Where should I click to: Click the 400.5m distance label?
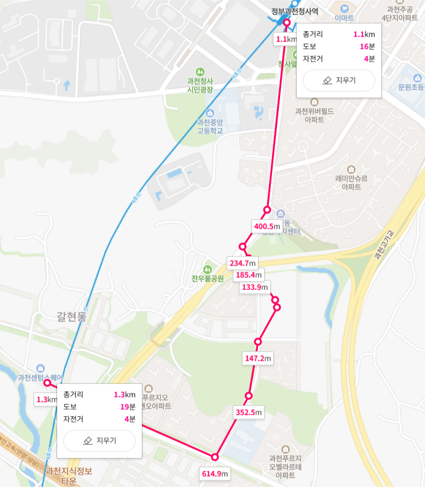(x=268, y=227)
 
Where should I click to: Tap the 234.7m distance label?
(x=242, y=263)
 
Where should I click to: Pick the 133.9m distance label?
(x=255, y=287)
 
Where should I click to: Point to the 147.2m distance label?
(x=258, y=358)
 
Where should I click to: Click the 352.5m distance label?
(x=249, y=412)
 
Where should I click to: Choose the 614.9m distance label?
(x=215, y=473)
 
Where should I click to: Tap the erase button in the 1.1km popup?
(x=338, y=80)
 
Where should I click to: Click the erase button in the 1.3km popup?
(x=99, y=441)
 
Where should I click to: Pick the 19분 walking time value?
(x=128, y=406)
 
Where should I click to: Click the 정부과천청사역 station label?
(x=295, y=11)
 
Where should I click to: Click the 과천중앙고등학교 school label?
(x=210, y=126)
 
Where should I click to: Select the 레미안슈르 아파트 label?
(x=351, y=182)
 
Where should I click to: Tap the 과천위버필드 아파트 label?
(x=314, y=115)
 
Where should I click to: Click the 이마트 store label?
(x=344, y=18)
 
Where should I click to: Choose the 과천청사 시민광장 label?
(x=200, y=85)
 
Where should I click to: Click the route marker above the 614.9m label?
(x=215, y=457)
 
